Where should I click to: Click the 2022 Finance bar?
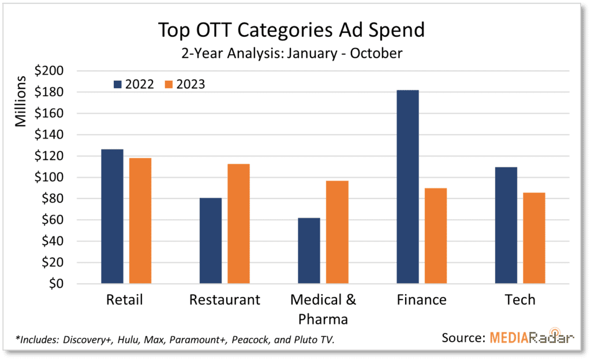pos(407,187)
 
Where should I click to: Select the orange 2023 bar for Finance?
pos(436,236)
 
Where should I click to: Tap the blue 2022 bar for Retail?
pos(112,216)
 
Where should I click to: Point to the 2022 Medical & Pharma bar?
pos(309,251)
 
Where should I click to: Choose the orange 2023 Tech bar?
pos(534,238)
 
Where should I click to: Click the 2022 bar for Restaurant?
pos(210,241)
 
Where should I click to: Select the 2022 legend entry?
pos(133,84)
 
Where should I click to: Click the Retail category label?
pos(125,300)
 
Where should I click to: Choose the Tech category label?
pos(519,300)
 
